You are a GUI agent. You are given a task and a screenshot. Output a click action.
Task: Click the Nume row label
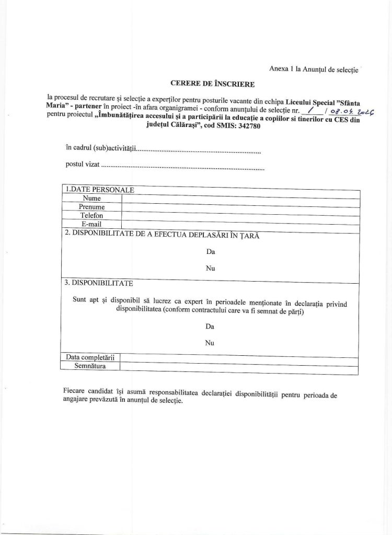[x=91, y=199]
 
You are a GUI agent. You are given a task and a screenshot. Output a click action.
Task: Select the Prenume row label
[x=91, y=207]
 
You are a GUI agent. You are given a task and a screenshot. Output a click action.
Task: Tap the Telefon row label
[x=91, y=215]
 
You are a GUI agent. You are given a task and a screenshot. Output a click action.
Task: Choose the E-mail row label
[x=91, y=224]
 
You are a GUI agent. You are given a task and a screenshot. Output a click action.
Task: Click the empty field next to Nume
[x=240, y=198]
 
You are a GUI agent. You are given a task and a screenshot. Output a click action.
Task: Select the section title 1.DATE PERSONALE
[x=98, y=189]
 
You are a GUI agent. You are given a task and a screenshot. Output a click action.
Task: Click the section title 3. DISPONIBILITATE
[x=98, y=284]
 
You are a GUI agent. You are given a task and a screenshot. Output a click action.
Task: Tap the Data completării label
[x=90, y=357]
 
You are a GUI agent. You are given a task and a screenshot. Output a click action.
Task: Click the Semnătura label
[x=90, y=367]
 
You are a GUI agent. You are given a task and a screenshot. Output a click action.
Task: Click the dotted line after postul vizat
[x=182, y=170]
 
